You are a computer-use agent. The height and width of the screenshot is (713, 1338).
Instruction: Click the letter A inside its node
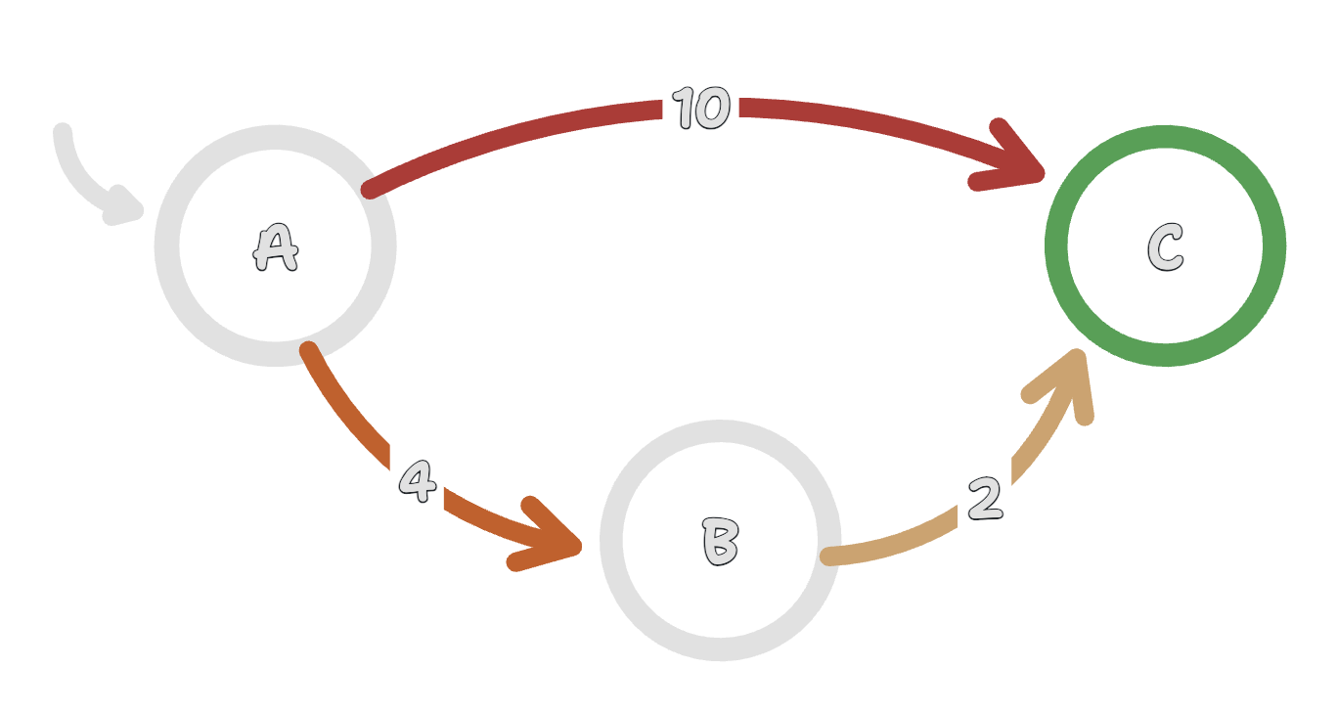tap(275, 247)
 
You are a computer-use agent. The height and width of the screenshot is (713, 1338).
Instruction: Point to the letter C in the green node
tap(1165, 246)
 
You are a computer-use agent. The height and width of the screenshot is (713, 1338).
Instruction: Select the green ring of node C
tap(1165, 137)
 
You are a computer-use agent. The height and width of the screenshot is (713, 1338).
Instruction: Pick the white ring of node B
tap(721, 431)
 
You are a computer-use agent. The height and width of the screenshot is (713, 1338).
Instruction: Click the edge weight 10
tap(701, 108)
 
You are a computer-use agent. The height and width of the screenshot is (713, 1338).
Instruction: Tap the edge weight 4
tap(418, 480)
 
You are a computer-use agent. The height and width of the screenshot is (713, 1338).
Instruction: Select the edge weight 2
tap(986, 500)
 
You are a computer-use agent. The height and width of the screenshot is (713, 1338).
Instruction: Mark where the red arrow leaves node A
tap(370, 189)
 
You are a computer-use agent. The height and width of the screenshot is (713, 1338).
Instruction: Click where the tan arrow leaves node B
tap(830, 557)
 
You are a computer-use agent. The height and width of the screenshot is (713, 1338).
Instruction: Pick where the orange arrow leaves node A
tap(309, 351)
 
